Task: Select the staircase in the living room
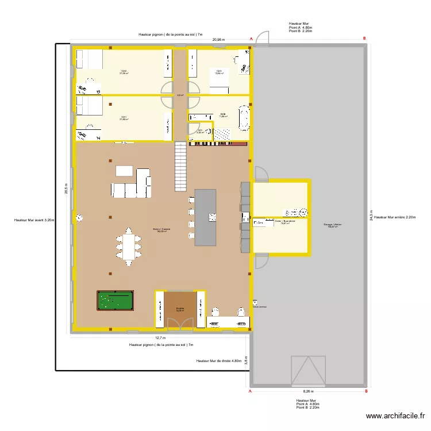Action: coord(181,167)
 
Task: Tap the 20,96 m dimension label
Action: coord(218,40)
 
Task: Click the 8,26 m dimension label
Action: coord(309,391)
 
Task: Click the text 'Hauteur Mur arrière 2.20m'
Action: coord(394,217)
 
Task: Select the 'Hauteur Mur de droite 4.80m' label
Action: coord(218,361)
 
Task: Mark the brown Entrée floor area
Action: coord(180,309)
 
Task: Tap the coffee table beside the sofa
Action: coord(124,171)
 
